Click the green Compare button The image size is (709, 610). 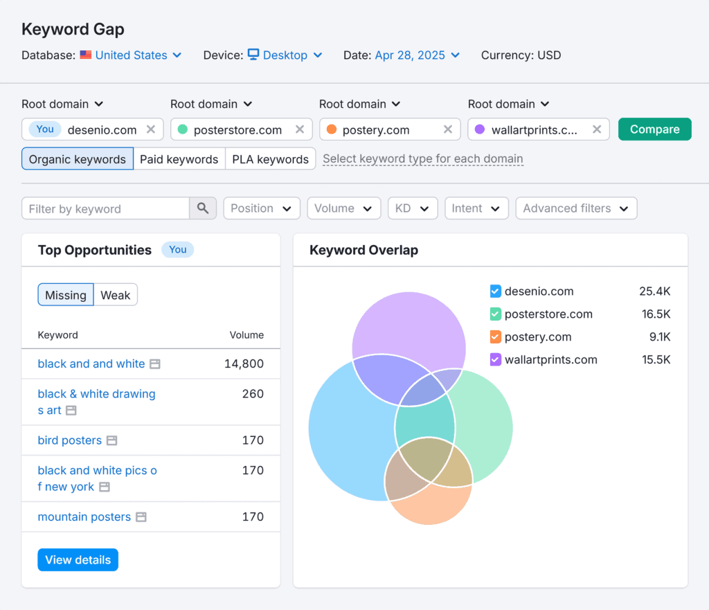(654, 129)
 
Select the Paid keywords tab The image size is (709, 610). (179, 159)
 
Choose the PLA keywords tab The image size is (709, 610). (270, 159)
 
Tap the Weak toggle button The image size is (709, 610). (115, 295)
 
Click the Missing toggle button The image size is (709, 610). (66, 295)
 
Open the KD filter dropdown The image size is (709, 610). (412, 208)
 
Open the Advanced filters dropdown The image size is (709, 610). (575, 208)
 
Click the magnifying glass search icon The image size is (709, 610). (203, 208)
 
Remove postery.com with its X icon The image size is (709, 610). (448, 129)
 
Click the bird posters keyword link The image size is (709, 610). (70, 440)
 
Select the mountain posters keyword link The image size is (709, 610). (84, 517)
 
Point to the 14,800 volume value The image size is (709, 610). (244, 364)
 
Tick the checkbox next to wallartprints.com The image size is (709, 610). (495, 359)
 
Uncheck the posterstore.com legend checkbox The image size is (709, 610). (495, 314)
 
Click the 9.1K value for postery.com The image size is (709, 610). (656, 337)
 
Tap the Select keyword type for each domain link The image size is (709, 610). (423, 159)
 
